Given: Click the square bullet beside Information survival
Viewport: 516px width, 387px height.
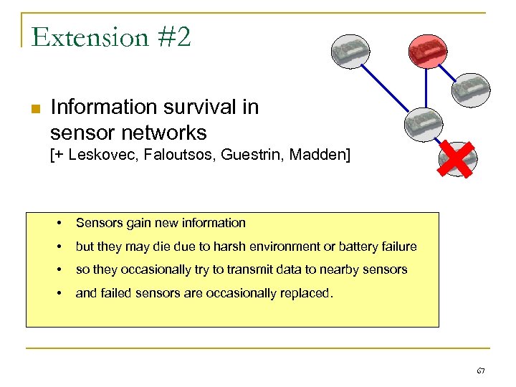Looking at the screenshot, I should [34, 109].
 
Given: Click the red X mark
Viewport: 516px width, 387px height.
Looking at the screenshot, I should [458, 158].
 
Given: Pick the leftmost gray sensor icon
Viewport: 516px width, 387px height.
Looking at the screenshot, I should [350, 52].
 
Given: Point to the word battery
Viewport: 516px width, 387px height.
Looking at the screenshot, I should [343, 247].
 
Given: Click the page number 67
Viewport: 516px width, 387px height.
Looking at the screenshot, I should [480, 371].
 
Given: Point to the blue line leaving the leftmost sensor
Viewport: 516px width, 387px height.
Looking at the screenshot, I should [391, 90].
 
